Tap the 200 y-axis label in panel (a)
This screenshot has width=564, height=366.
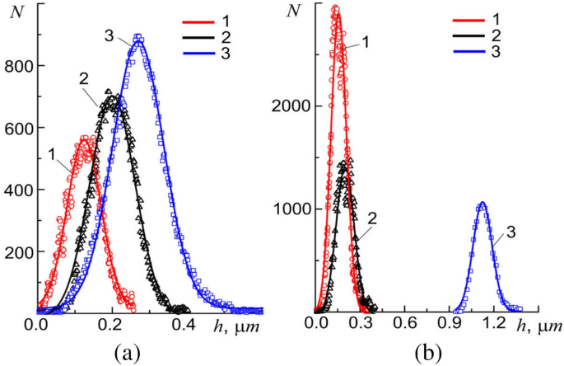(x=18, y=251)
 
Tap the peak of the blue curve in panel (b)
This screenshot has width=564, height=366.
(x=482, y=203)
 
